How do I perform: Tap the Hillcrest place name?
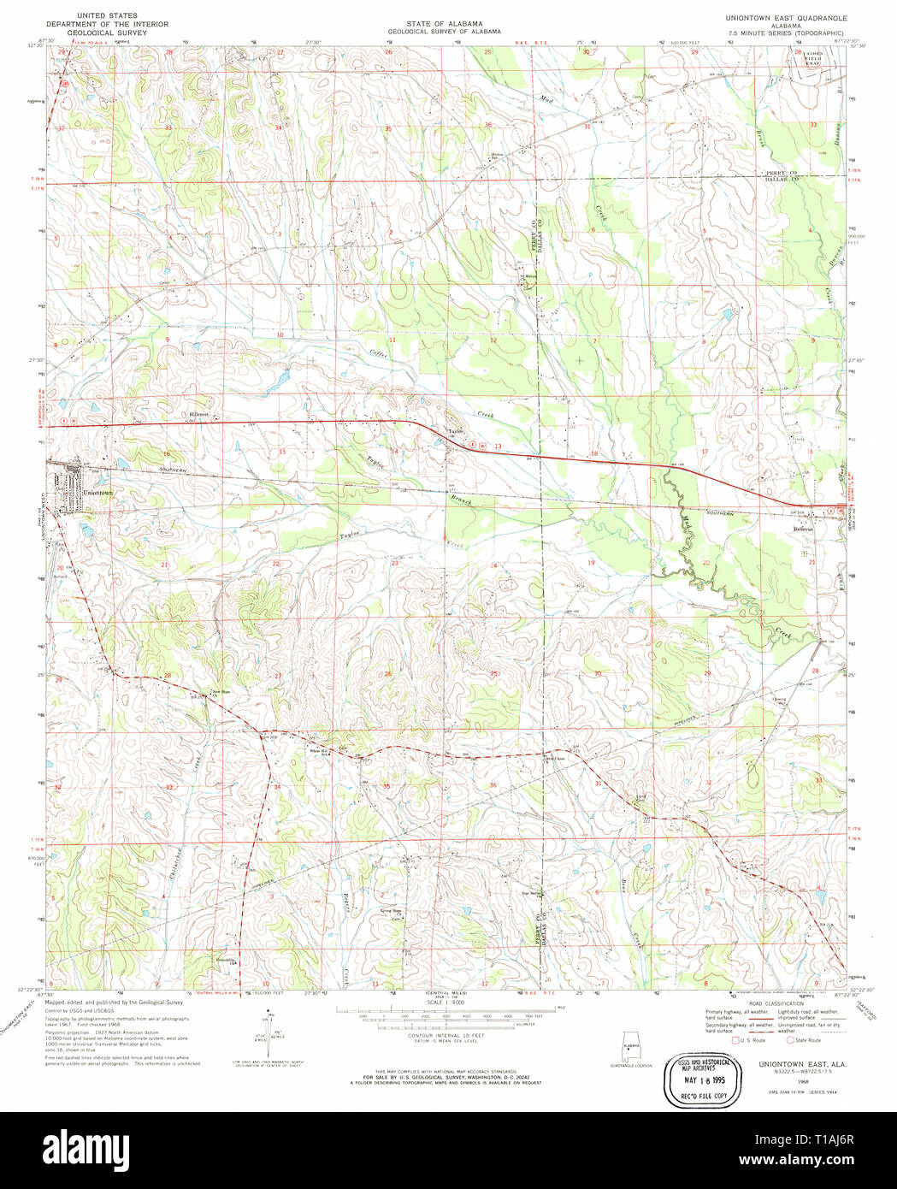point(200,414)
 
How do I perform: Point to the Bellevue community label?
point(803,529)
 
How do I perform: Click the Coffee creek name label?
point(378,353)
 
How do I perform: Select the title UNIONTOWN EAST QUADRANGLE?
point(786,17)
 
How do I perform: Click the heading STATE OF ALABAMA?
point(444,23)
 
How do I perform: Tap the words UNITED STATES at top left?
point(107,16)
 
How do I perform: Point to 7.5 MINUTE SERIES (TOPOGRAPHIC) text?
point(786,33)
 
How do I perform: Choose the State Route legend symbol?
point(790,1040)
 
